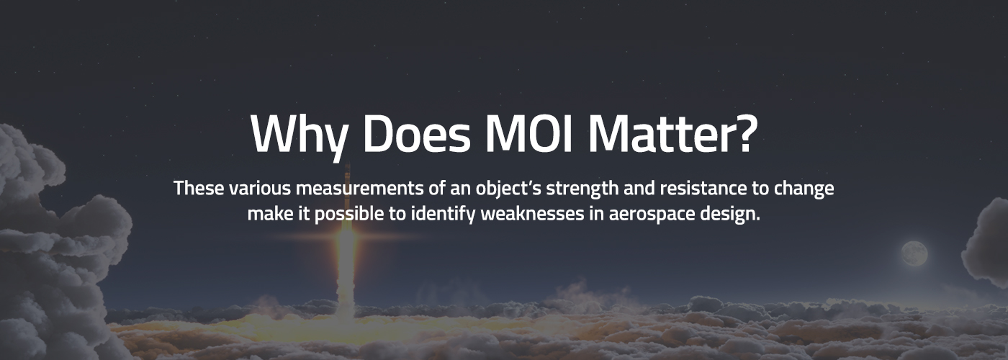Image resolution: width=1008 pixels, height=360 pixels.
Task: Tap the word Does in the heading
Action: coord(412,134)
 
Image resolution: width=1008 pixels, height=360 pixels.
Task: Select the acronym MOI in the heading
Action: coord(529,134)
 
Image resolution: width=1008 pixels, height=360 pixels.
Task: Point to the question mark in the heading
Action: coord(742,134)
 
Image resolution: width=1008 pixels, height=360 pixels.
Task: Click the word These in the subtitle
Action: coord(199,189)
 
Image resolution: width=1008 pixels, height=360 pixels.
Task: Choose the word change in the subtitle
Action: coord(805,189)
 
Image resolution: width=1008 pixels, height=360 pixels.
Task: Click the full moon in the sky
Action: coord(914,253)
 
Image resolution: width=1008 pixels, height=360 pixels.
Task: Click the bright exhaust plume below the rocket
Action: coord(346,274)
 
